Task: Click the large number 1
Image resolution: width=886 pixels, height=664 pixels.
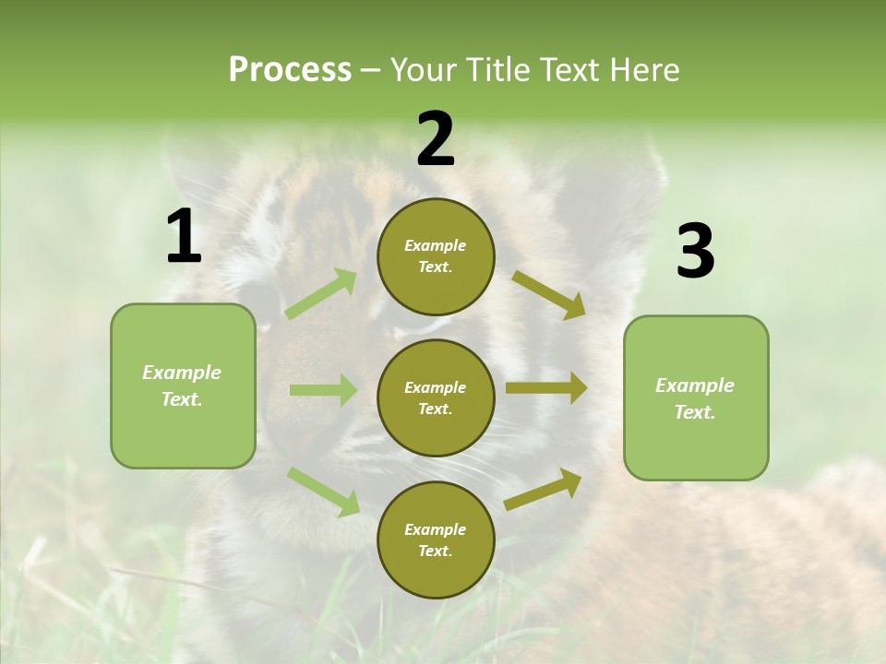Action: (x=184, y=238)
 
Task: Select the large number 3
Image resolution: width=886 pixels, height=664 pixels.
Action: (x=695, y=252)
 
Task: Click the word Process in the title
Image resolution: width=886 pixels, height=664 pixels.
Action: (x=290, y=69)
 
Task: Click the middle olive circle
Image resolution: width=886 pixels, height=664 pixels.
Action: (x=436, y=397)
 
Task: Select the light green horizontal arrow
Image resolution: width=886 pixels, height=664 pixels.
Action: (x=323, y=390)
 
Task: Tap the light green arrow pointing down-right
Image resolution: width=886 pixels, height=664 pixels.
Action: (x=324, y=492)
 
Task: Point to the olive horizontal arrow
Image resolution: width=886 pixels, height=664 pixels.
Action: (x=546, y=387)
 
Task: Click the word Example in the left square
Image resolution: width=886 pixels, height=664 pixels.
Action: (x=182, y=373)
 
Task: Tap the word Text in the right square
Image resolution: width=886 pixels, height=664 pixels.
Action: (x=694, y=412)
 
